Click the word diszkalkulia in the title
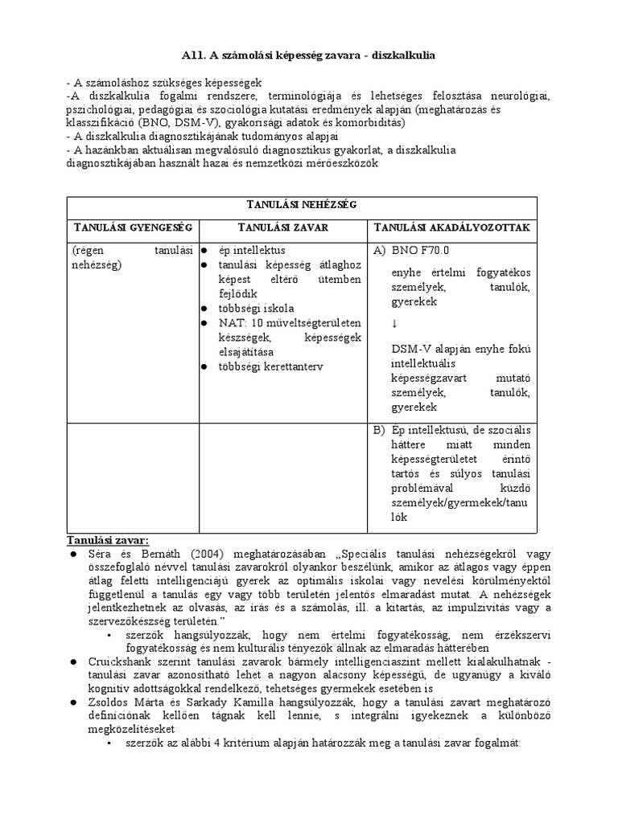[x=399, y=54]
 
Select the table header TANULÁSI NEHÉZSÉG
[x=308, y=206]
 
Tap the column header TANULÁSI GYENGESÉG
[x=132, y=227]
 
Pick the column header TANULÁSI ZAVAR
[x=282, y=227]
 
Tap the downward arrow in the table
[x=394, y=324]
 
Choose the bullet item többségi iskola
[x=256, y=309]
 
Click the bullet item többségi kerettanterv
[x=269, y=366]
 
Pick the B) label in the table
[x=381, y=430]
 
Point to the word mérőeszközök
[x=337, y=163]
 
